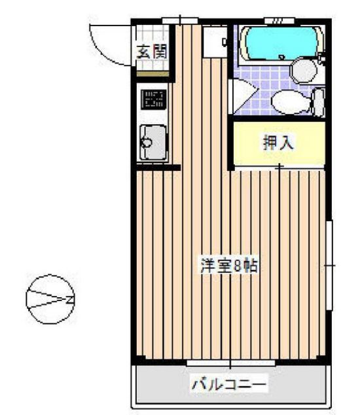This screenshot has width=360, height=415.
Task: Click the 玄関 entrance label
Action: (x=153, y=52)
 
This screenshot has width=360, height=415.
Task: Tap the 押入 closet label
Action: (x=278, y=143)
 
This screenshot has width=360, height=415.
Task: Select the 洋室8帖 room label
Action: (x=229, y=266)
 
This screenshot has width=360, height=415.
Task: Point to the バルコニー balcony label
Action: (x=229, y=383)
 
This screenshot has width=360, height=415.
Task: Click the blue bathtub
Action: (x=282, y=44)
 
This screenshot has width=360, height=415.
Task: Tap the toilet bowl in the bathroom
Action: (x=291, y=102)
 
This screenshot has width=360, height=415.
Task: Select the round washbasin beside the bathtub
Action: (x=304, y=71)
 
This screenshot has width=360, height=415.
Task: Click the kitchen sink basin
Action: (x=153, y=143)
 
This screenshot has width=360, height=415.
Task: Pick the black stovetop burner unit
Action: (x=154, y=99)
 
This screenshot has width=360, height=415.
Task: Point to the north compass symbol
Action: (x=50, y=299)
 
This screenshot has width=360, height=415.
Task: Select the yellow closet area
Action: (x=279, y=143)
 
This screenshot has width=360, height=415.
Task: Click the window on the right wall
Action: (x=329, y=265)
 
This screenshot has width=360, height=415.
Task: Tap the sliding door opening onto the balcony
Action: (x=230, y=363)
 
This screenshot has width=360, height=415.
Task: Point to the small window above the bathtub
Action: (x=279, y=21)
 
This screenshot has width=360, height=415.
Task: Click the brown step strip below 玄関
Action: (x=153, y=73)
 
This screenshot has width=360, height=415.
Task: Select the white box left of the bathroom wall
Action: (x=215, y=42)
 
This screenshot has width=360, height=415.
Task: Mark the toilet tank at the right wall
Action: (x=319, y=102)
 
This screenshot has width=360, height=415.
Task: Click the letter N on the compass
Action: (x=70, y=299)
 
